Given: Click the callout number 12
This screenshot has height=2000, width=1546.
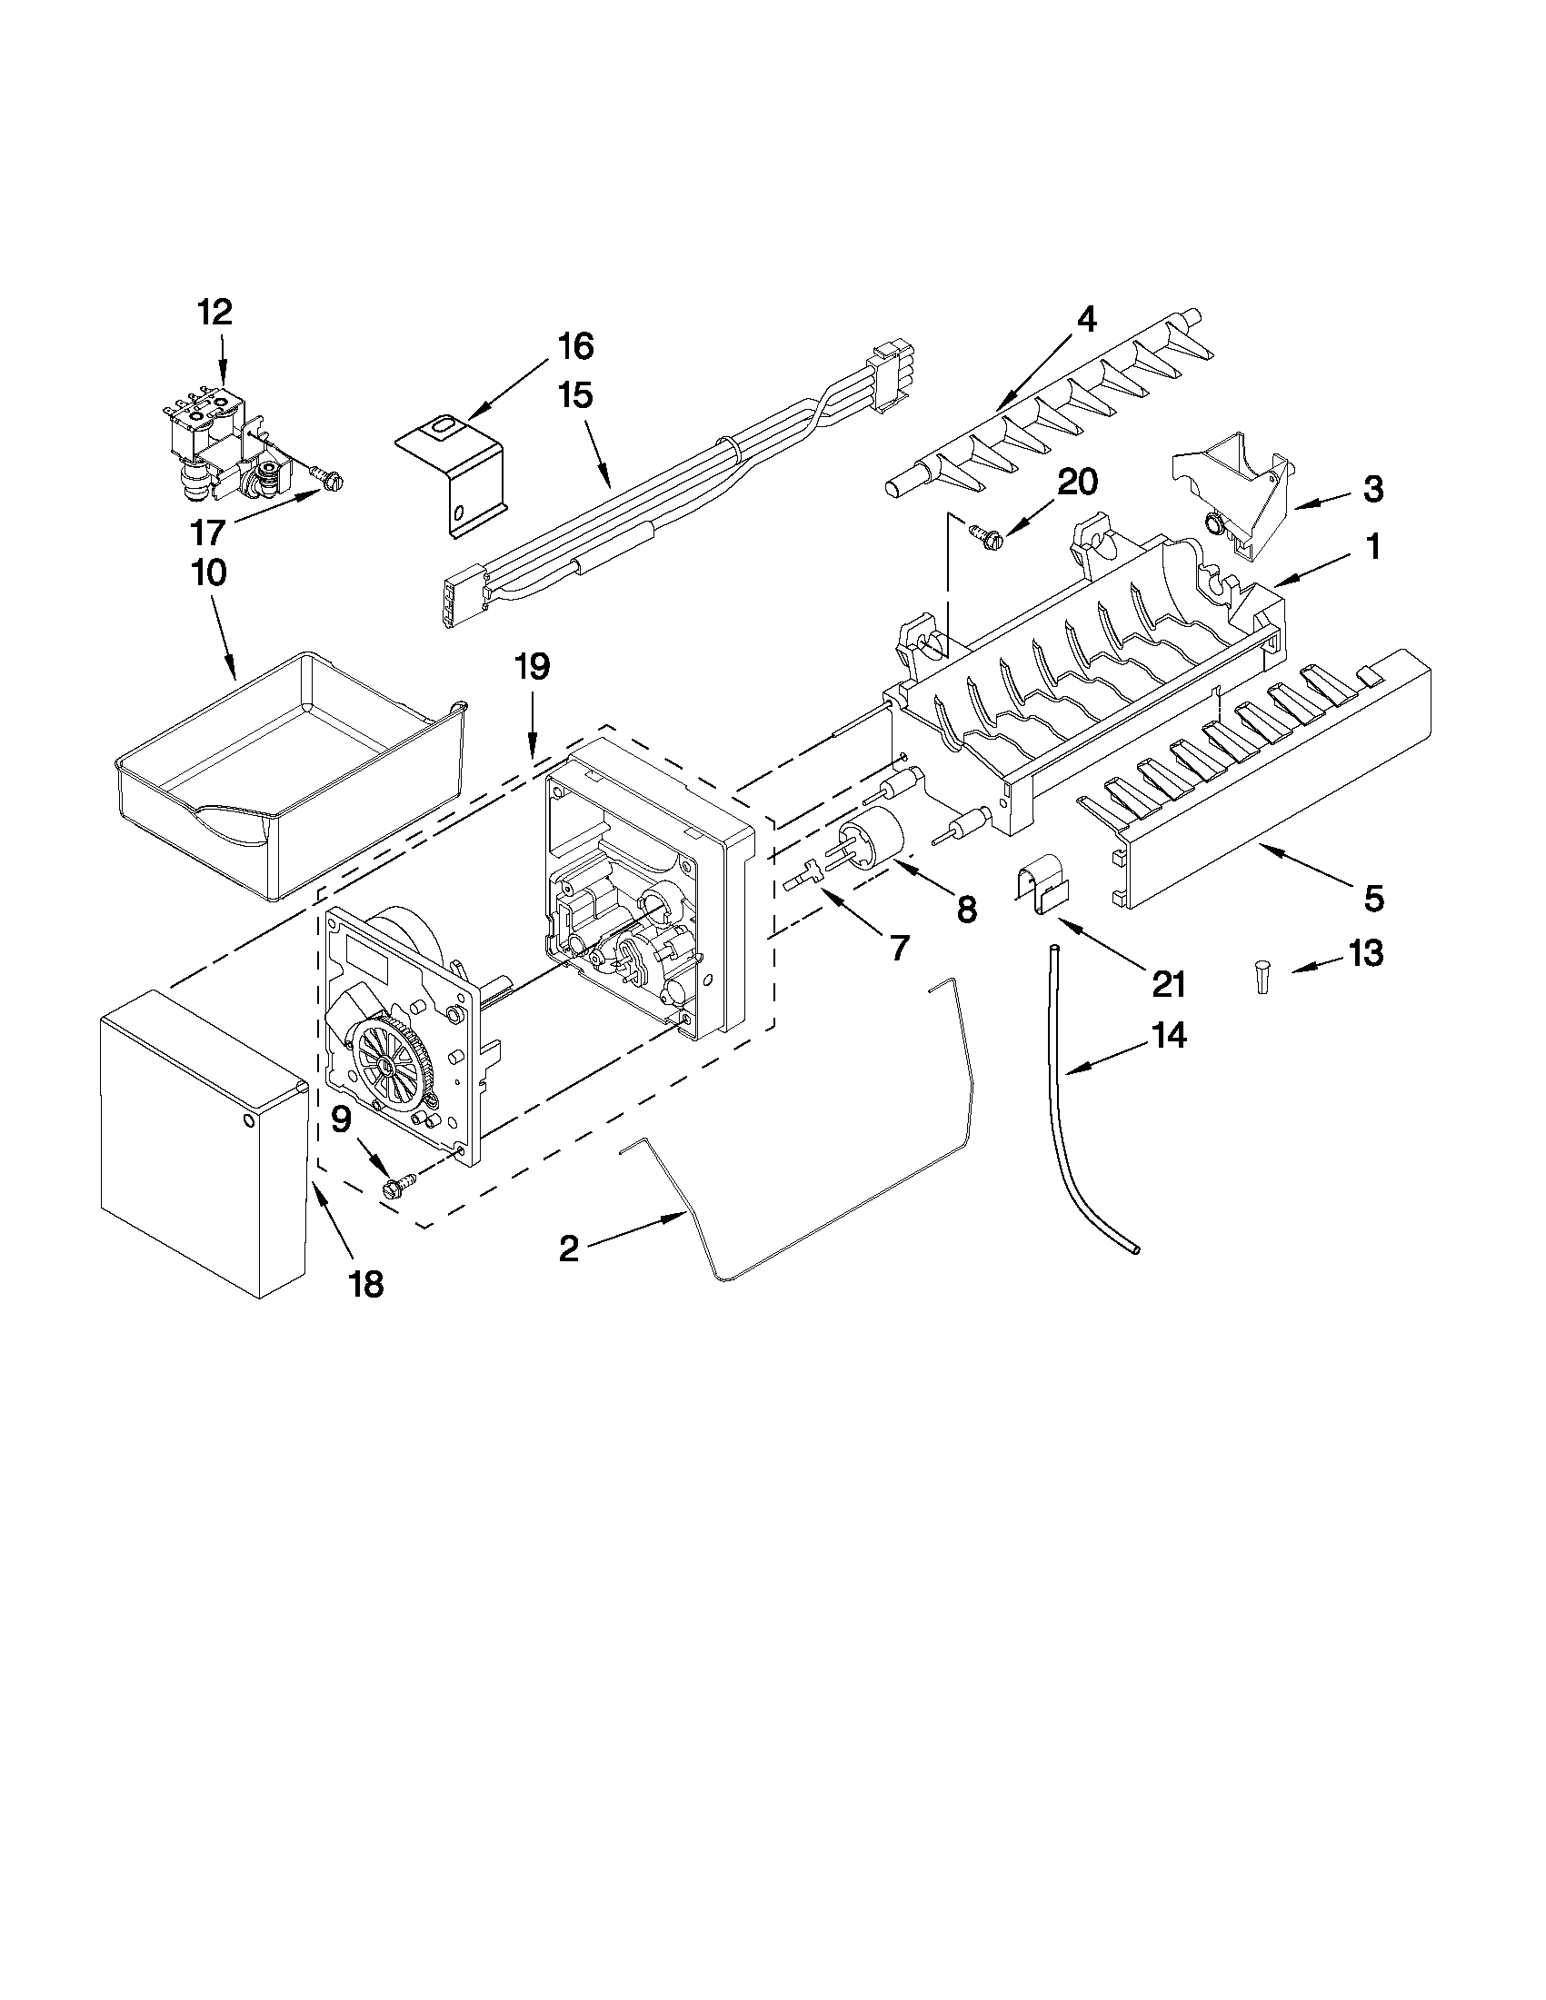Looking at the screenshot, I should tap(216, 313).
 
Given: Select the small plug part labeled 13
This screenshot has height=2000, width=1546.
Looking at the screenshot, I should tap(1263, 976).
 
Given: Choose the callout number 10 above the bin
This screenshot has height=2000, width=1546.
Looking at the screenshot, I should tap(209, 573).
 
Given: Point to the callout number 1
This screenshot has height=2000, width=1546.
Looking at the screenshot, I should tap(1372, 548).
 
